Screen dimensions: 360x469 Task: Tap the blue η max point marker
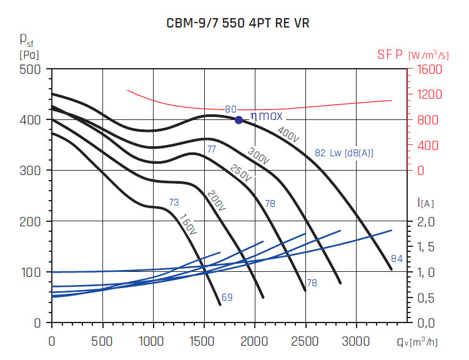point(239,119)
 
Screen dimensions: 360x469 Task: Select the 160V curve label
point(187,225)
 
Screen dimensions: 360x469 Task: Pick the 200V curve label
point(215,201)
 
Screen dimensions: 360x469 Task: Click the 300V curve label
point(259,157)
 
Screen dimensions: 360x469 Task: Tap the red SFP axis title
point(391,55)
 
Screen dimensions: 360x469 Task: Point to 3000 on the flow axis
point(357,342)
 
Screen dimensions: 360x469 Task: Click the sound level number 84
point(397,259)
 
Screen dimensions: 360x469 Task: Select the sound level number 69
point(227,297)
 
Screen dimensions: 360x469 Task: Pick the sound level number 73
point(174,202)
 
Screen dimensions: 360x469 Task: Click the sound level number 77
point(211,149)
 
